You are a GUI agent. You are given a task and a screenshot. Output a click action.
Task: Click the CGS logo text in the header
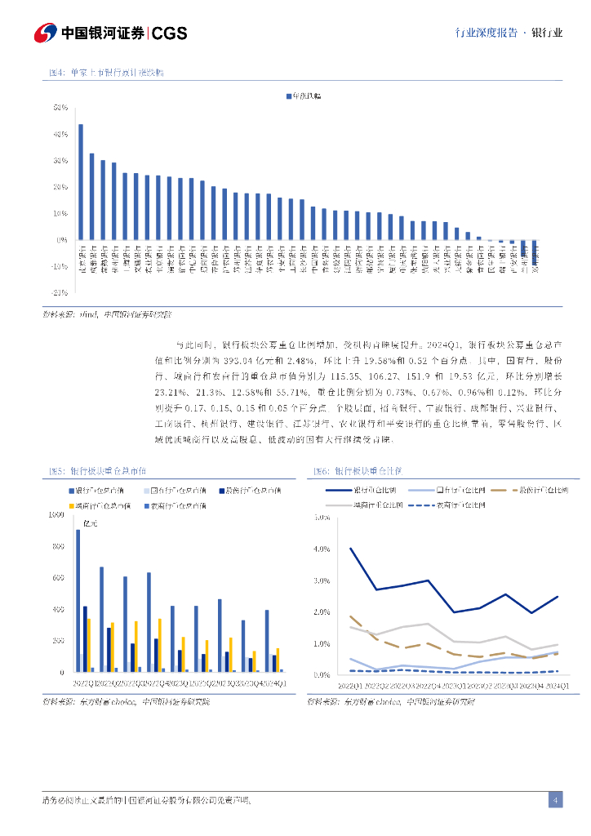coord(170,33)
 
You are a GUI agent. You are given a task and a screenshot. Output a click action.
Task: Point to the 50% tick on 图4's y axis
coord(60,108)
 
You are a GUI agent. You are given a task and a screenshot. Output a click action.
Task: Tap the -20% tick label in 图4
coord(59,292)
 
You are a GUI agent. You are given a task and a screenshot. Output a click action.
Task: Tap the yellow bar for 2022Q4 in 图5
coord(159,645)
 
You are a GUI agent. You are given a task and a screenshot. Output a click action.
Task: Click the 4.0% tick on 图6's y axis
coord(321,549)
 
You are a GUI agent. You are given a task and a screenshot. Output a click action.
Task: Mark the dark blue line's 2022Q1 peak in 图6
coord(350,549)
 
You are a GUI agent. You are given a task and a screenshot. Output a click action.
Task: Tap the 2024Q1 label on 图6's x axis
coord(558,684)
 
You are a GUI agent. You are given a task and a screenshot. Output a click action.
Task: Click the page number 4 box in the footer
coord(555,799)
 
